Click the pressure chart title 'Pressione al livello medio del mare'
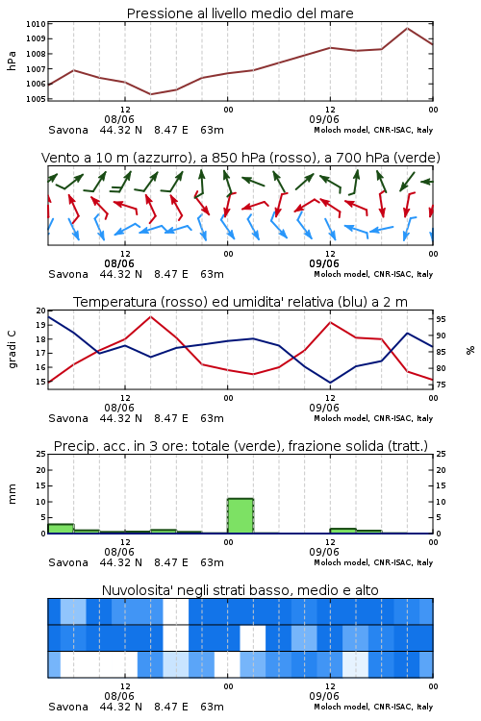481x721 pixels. coord(240,13)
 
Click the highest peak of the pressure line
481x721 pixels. coord(407,28)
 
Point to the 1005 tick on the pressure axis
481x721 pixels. coord(36,99)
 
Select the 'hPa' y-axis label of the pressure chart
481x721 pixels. coord(12,61)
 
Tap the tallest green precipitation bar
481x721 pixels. coord(240,516)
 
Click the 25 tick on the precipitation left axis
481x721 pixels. coord(41,454)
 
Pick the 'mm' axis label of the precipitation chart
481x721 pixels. coord(12,493)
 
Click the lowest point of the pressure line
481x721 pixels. coord(150,94)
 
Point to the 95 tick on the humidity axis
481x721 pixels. coord(441,319)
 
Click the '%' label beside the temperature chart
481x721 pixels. coord(470,350)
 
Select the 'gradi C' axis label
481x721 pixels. coord(13,350)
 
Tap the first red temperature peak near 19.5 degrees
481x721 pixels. coord(150,316)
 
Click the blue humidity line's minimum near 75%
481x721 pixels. coord(330,383)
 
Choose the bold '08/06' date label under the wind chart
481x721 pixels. coord(119,263)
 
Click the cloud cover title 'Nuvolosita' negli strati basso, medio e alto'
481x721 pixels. coord(240,590)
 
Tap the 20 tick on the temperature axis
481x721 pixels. coord(41,311)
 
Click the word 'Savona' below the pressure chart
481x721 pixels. coord(68,130)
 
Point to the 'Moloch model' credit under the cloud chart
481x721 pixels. coord(342,707)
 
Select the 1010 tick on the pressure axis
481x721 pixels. coord(36,24)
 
